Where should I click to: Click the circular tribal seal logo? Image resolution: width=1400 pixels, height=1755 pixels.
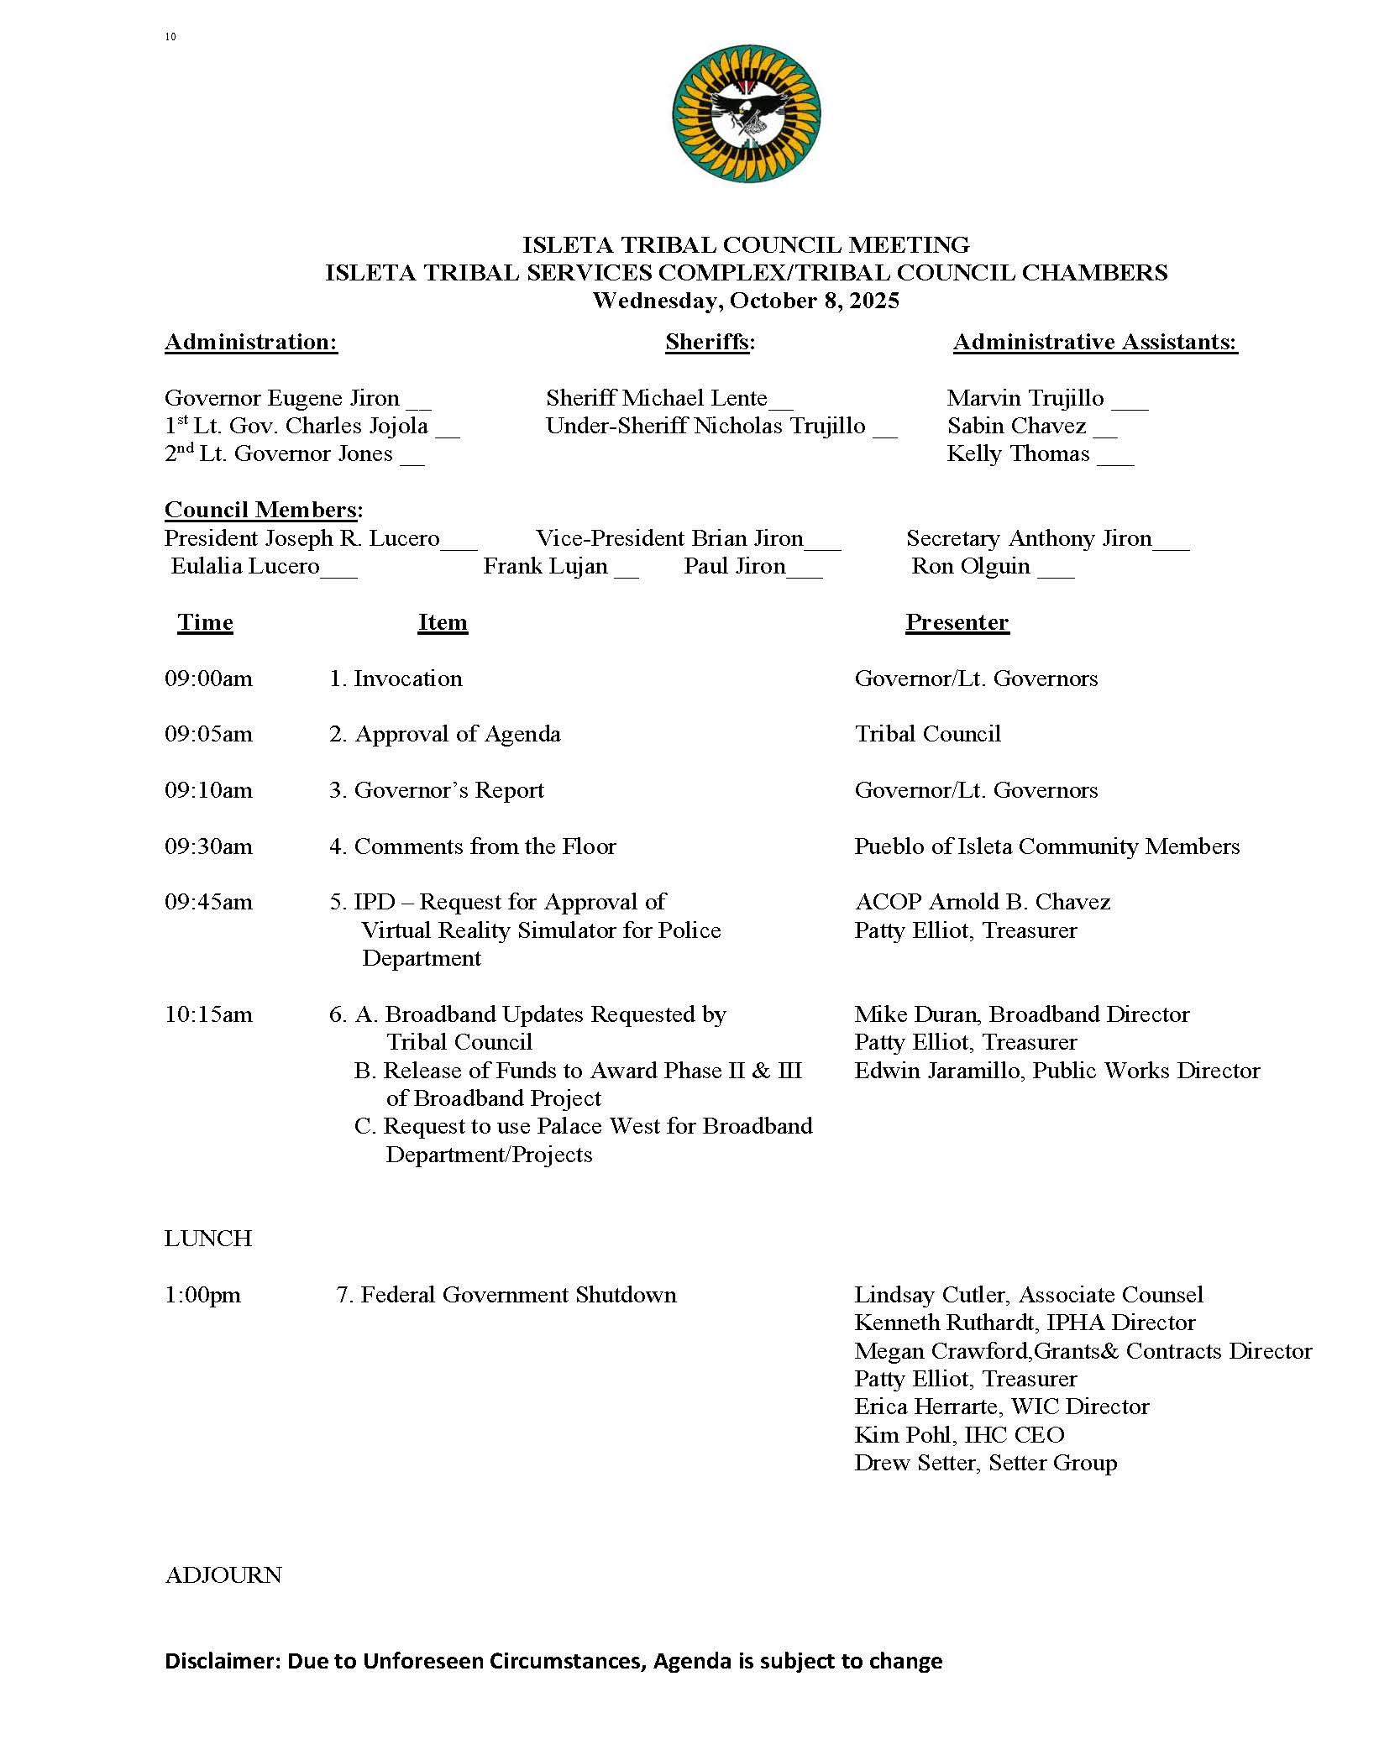(x=746, y=114)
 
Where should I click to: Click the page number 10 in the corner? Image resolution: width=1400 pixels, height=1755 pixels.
(x=170, y=37)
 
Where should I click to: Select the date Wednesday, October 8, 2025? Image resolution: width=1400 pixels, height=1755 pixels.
(x=746, y=301)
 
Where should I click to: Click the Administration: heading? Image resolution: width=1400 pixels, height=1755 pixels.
(x=251, y=342)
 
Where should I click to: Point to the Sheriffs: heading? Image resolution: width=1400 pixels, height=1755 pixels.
(x=710, y=342)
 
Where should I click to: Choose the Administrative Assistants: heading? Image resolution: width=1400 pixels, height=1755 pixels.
(x=1095, y=342)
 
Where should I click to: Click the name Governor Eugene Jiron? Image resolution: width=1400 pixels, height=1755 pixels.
(x=282, y=398)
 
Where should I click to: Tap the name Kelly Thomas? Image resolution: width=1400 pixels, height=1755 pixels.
(x=1018, y=454)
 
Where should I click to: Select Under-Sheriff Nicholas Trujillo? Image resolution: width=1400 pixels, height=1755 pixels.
(x=705, y=426)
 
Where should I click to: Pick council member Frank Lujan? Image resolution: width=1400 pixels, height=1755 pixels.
(x=545, y=566)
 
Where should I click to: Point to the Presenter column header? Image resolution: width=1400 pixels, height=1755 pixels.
(x=957, y=622)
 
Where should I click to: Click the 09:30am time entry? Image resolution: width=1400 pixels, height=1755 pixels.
(x=208, y=846)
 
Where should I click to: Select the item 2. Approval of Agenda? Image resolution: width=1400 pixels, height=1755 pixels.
(x=444, y=734)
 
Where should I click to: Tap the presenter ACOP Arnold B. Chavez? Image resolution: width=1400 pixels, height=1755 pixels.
(x=982, y=902)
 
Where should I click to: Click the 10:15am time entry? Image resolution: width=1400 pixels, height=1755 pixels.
(x=208, y=1014)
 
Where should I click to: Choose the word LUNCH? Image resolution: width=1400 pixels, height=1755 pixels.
(x=208, y=1239)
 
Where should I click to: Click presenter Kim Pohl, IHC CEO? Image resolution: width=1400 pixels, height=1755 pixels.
(x=959, y=1434)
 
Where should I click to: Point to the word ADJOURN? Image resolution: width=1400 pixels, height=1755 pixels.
(x=223, y=1574)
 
